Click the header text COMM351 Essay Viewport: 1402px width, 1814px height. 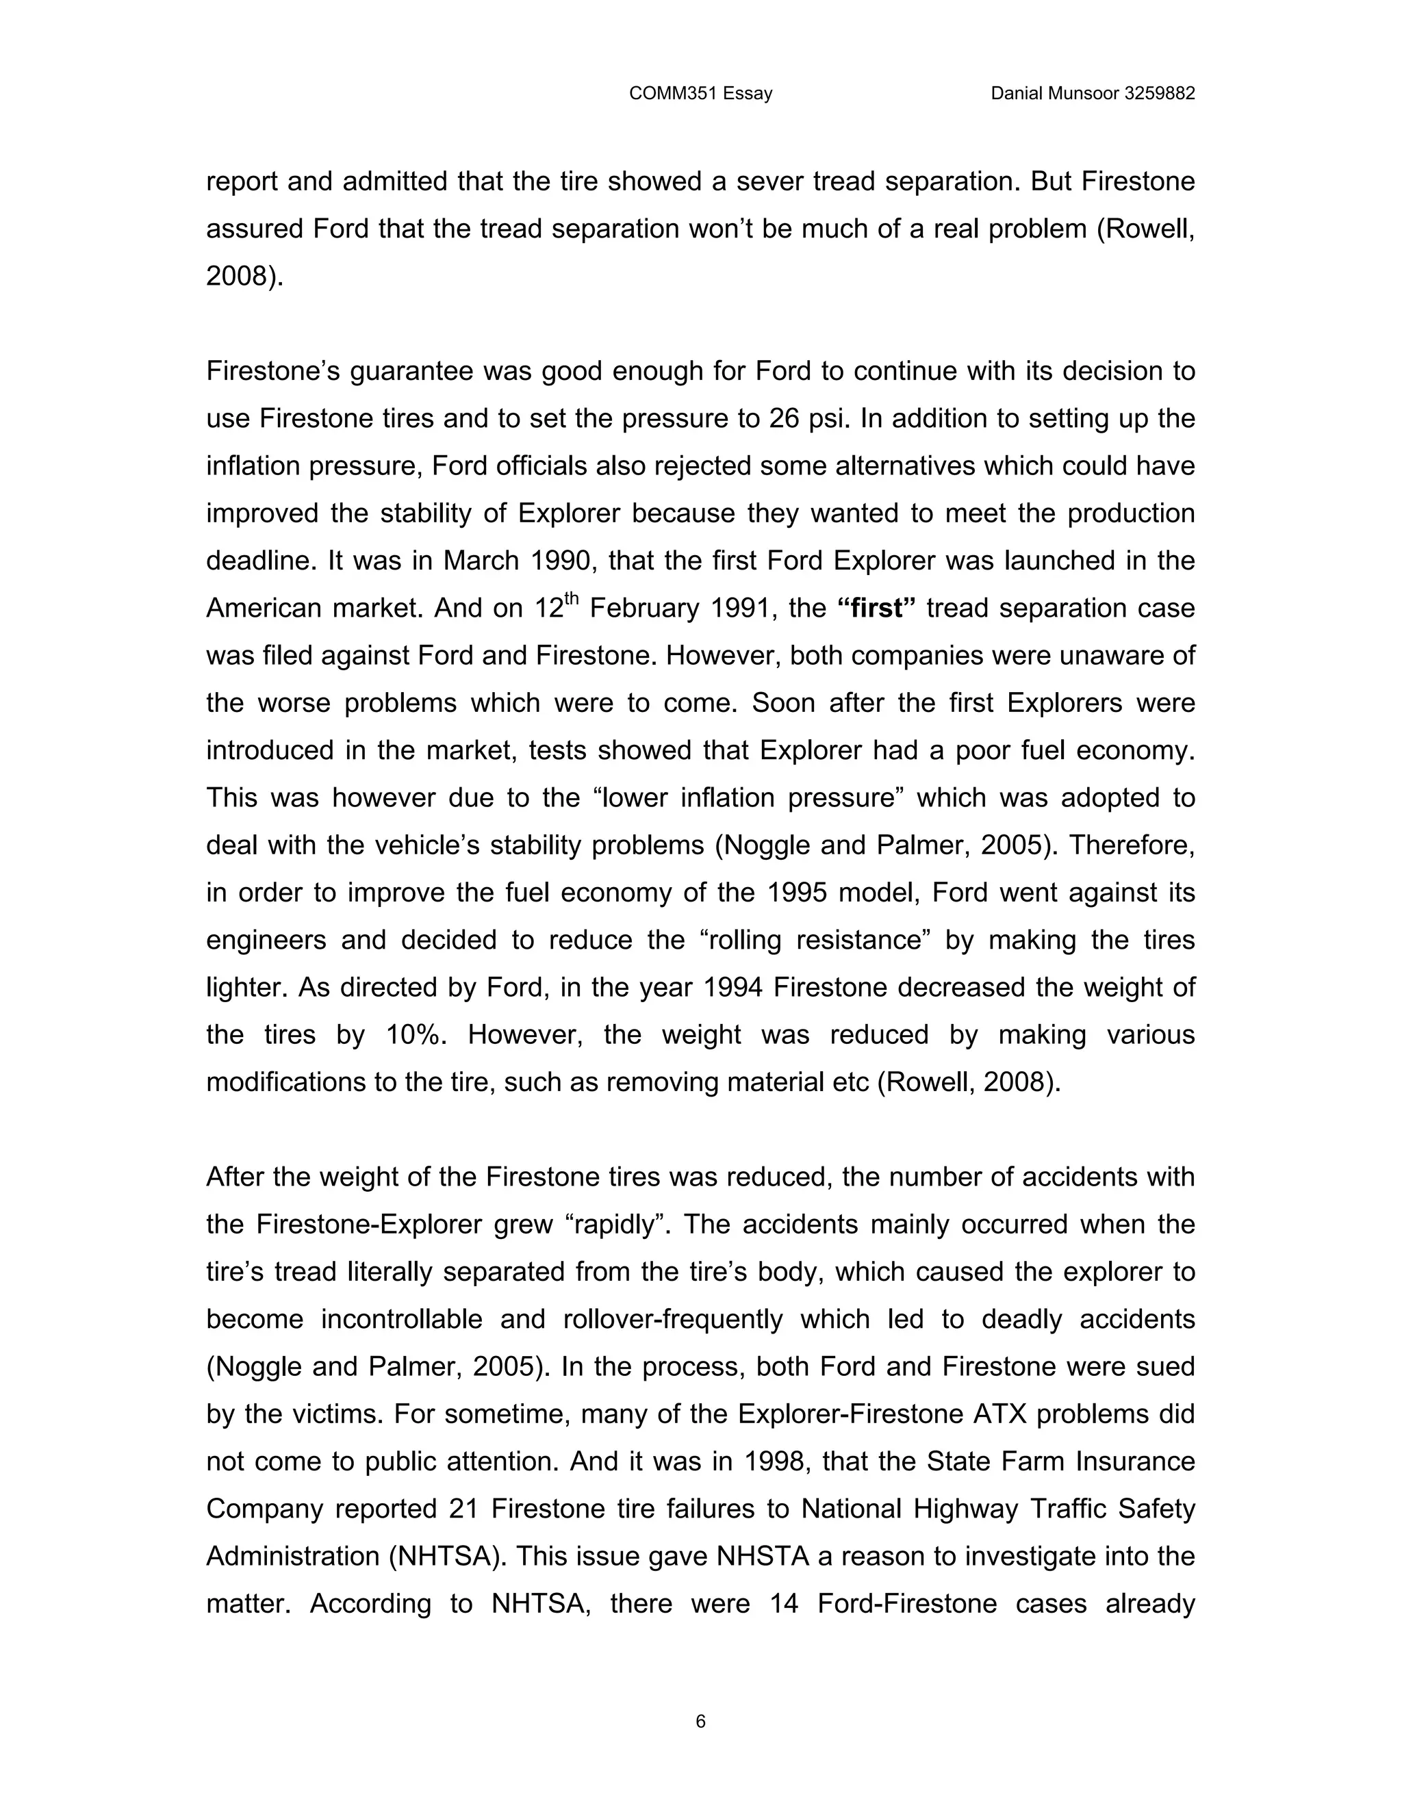pyautogui.click(x=700, y=94)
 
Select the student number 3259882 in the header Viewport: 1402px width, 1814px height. pyautogui.click(x=1159, y=94)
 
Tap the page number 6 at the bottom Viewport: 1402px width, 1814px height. pyautogui.click(x=700, y=1721)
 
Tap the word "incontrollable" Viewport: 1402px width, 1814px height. pyautogui.click(x=433, y=1320)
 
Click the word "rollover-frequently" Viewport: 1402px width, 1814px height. pyautogui.click(x=673, y=1320)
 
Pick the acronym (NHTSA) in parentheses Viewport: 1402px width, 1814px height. pyautogui.click(x=444, y=1557)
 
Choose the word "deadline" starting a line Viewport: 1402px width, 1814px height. pyautogui.click(x=261, y=561)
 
